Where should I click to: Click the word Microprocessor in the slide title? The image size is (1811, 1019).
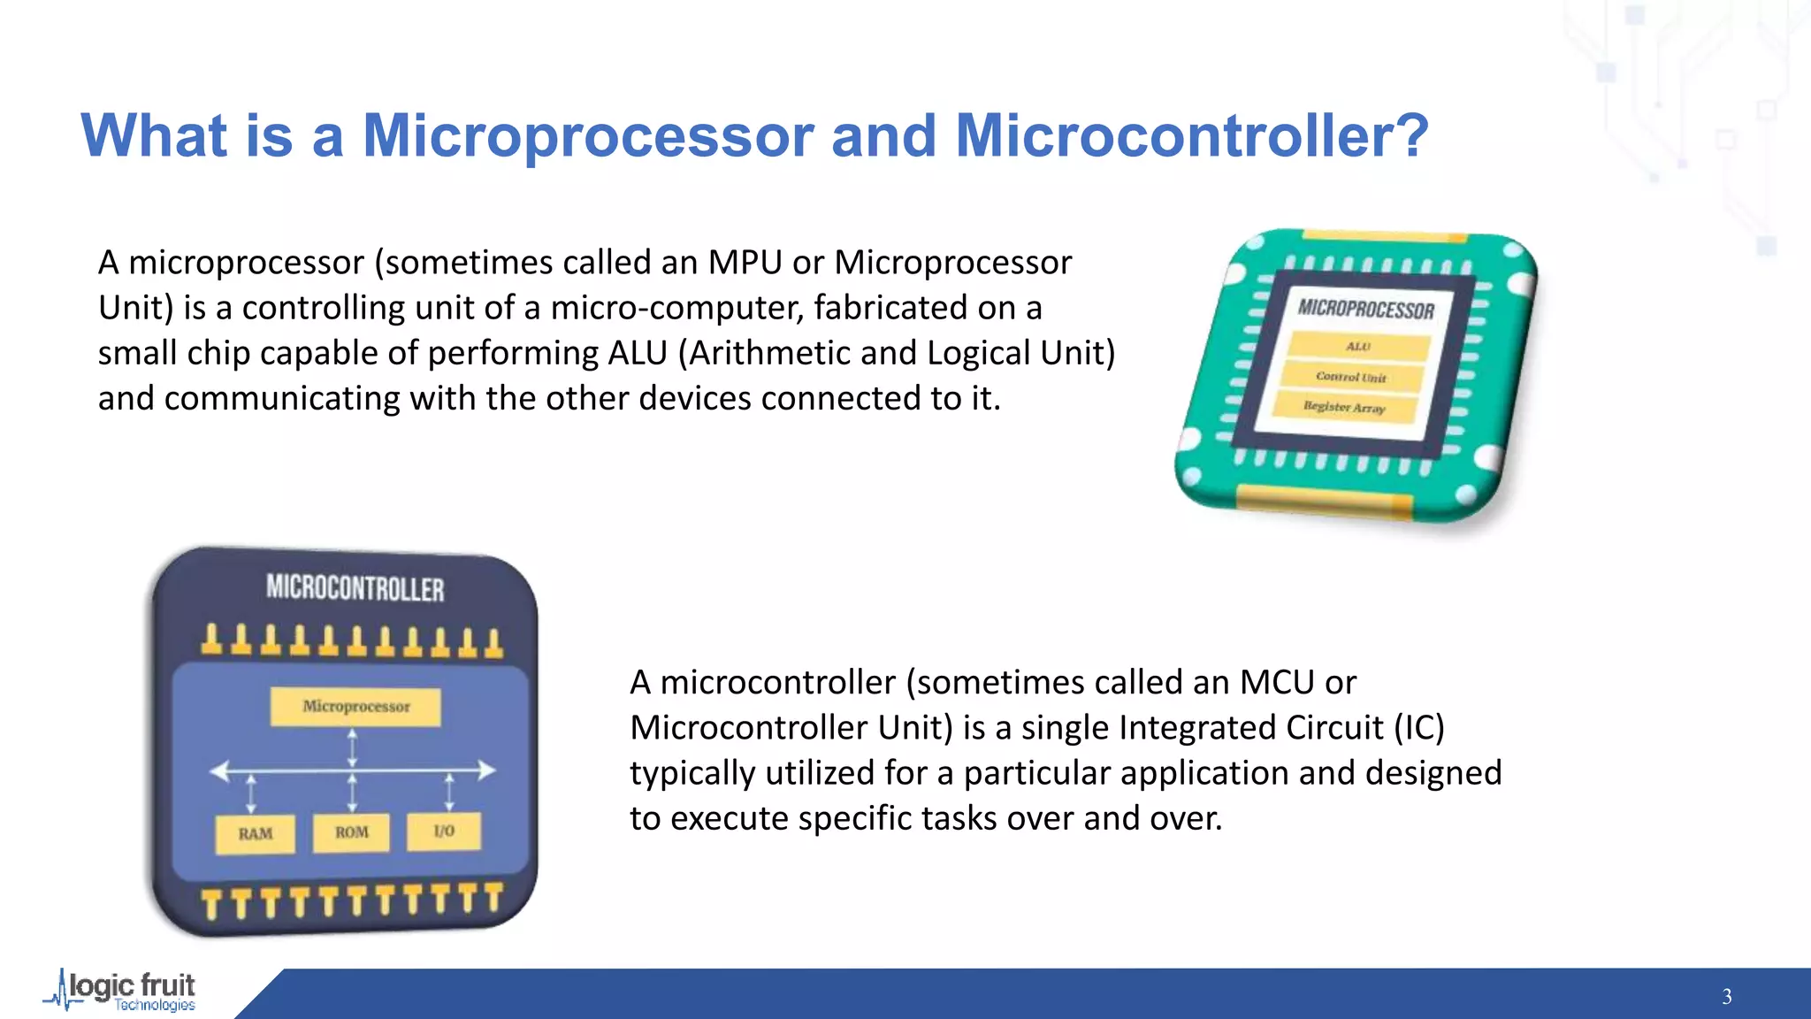pos(588,136)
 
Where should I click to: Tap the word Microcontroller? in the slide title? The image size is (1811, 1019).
pos(1192,136)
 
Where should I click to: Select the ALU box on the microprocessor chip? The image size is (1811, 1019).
pos(1358,347)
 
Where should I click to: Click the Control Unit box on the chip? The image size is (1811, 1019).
pos(1350,377)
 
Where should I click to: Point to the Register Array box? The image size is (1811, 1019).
pos(1344,407)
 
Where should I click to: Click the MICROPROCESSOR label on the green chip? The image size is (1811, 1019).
pos(1366,309)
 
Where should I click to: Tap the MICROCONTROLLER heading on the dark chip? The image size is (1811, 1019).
pos(355,588)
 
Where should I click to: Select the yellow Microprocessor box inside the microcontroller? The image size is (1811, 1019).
pos(355,707)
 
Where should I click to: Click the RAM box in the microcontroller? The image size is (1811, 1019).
pos(255,834)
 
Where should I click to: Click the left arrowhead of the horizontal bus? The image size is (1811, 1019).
pos(218,771)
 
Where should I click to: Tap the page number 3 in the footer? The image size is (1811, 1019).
pos(1726,997)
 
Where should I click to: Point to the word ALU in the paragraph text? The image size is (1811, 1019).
pos(637,353)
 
